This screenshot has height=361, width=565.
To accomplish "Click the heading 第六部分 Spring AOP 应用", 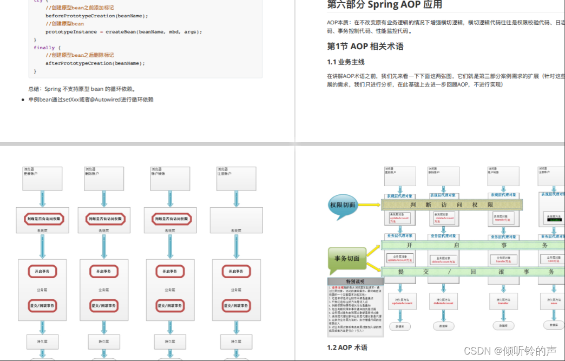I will tap(384, 5).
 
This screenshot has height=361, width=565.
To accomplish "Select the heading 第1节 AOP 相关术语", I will tap(365, 47).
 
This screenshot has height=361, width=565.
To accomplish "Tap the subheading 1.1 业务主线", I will tap(346, 62).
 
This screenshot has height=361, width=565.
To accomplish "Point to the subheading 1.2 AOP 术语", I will tap(347, 347).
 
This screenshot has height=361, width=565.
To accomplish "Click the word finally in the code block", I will tap(44, 48).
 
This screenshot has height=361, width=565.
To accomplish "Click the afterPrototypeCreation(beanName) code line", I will tap(95, 63).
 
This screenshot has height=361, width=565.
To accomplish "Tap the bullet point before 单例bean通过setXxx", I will tap(23, 100).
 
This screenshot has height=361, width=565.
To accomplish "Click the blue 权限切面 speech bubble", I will tap(343, 206).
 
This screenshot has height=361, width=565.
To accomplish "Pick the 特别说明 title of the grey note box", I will tap(356, 281).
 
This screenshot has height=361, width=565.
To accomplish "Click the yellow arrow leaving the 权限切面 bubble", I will tap(371, 205).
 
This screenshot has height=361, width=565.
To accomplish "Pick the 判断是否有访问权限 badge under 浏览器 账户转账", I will tap(170, 219).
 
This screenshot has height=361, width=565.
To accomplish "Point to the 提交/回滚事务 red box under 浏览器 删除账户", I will tap(103, 306).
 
